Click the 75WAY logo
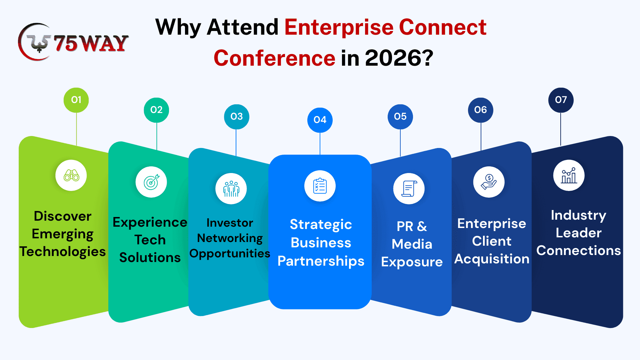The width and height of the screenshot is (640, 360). (x=73, y=42)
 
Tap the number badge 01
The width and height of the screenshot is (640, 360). (x=76, y=100)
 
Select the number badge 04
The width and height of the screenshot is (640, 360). (x=320, y=120)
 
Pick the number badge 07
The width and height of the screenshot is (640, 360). (x=561, y=100)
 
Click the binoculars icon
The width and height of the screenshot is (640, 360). (x=71, y=175)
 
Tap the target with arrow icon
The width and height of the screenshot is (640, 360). (x=152, y=182)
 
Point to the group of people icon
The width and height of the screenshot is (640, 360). (x=231, y=189)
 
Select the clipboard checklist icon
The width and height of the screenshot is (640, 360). (x=320, y=186)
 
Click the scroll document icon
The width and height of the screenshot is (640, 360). (x=409, y=189)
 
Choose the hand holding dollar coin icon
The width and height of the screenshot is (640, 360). (x=489, y=182)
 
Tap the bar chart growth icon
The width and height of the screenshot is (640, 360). (x=569, y=175)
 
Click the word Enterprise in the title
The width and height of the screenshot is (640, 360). (x=339, y=27)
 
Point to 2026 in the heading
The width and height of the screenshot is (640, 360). (x=393, y=58)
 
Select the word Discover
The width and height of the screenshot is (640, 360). (x=63, y=216)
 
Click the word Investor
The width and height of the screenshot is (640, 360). (x=230, y=223)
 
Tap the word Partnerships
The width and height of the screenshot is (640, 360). (x=321, y=261)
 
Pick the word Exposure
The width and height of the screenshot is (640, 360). (x=412, y=262)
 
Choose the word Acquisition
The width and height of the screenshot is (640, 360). (x=492, y=259)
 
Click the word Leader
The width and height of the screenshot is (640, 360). (x=579, y=233)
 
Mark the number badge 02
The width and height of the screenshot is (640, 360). (x=156, y=110)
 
